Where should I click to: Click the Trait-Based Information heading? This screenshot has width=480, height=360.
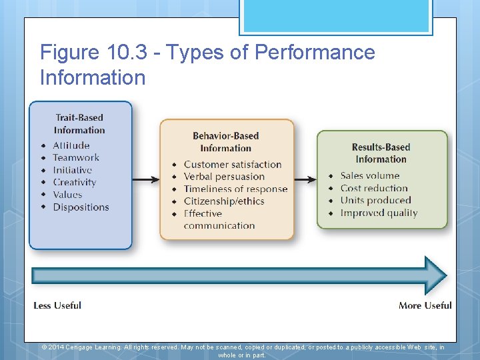[79, 124]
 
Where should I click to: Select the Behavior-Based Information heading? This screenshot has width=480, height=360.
[225, 142]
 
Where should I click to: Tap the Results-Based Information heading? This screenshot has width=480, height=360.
[381, 153]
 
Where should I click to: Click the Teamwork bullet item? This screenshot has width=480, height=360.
[76, 157]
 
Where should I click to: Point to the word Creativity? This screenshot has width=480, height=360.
[75, 182]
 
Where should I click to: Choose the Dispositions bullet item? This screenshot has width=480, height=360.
[81, 207]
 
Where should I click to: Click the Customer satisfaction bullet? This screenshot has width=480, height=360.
[233, 164]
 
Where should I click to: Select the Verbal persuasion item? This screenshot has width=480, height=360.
[224, 176]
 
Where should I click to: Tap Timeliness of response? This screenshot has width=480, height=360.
[235, 189]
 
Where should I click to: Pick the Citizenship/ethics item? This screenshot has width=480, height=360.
[224, 201]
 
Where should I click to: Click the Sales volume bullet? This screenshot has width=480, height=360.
[369, 176]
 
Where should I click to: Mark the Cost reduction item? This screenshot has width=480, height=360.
[373, 188]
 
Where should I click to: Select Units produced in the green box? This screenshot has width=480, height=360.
[375, 200]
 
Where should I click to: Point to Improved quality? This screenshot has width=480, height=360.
[379, 213]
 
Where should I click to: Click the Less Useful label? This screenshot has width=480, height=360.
[57, 305]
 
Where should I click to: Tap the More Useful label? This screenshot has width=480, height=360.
[425, 305]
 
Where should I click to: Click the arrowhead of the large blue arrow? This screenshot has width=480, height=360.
[435, 275]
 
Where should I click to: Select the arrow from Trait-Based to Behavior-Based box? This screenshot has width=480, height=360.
[145, 179]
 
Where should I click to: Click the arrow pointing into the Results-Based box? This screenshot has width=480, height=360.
[305, 179]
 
